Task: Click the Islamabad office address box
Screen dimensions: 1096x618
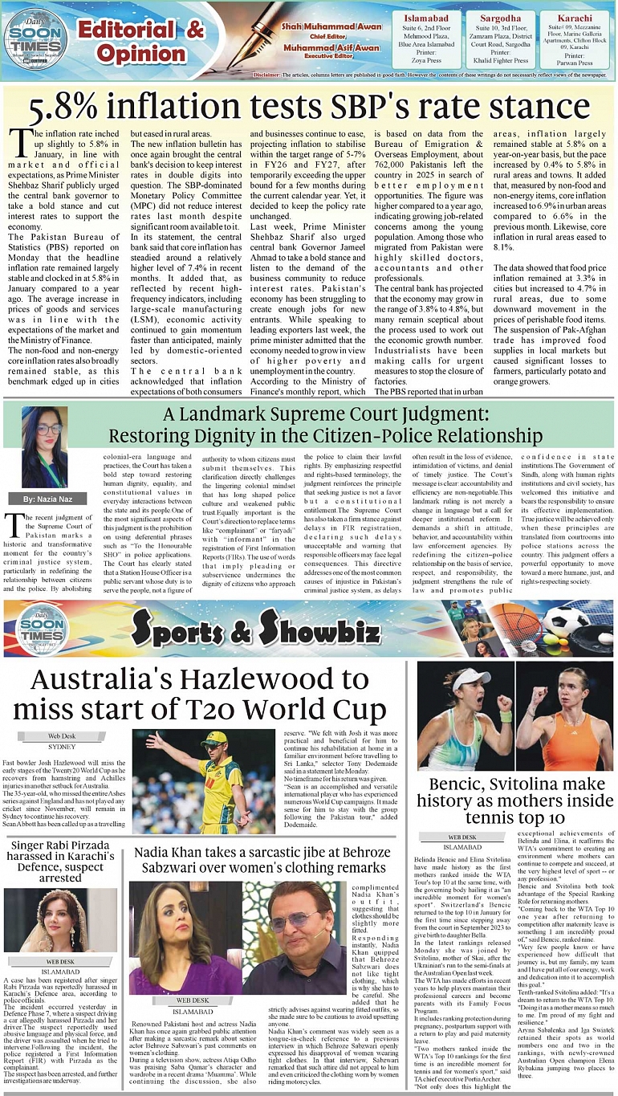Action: click(x=428, y=40)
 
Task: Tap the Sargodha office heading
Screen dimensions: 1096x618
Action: click(x=501, y=18)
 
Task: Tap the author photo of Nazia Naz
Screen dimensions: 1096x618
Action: click(x=44, y=447)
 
